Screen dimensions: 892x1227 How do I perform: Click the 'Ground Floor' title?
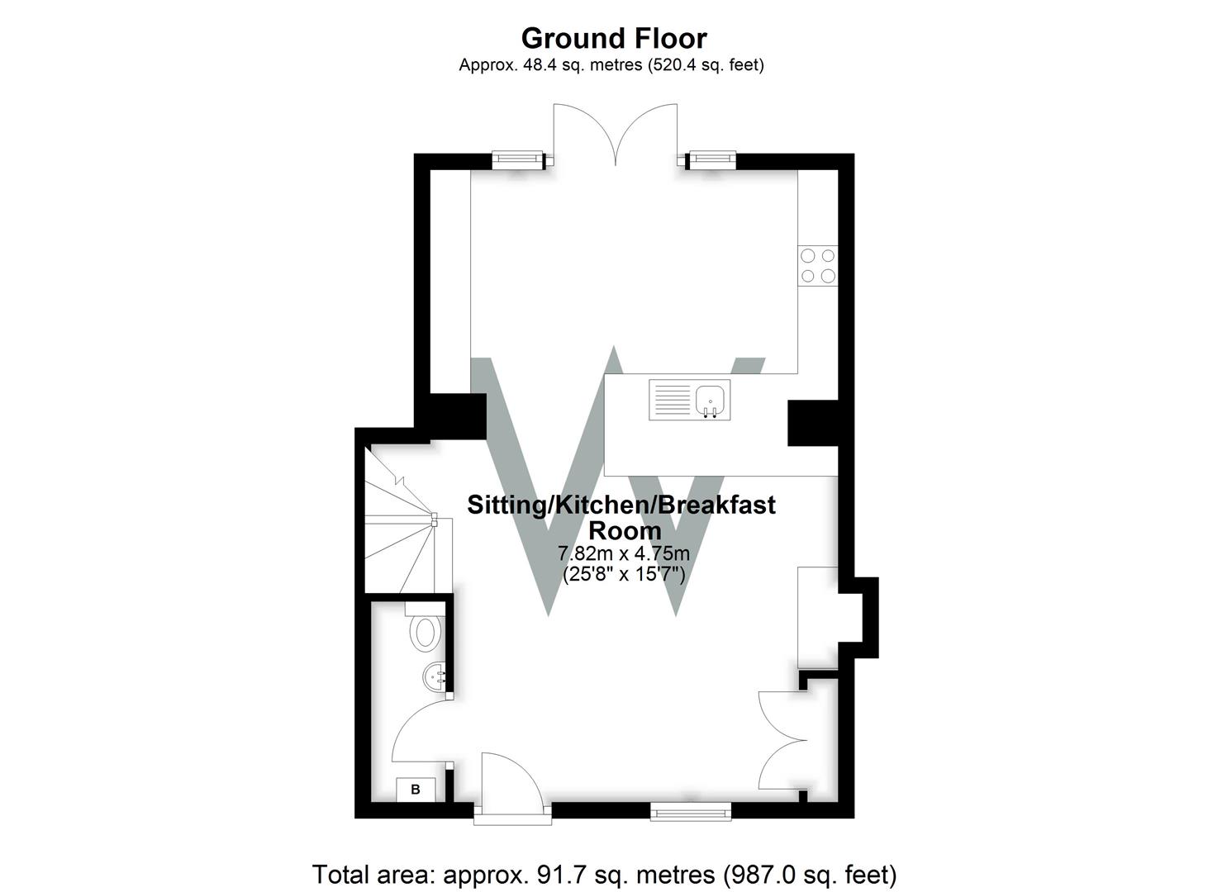pyautogui.click(x=613, y=39)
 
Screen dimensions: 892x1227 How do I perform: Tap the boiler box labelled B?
pyautogui.click(x=416, y=790)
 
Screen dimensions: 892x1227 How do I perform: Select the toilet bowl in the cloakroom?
pyautogui.click(x=426, y=633)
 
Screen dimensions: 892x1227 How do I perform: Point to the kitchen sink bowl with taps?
pyautogui.click(x=711, y=400)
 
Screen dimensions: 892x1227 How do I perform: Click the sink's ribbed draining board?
pyautogui.click(x=673, y=400)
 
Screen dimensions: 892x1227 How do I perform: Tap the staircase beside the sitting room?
pyautogui.click(x=400, y=529)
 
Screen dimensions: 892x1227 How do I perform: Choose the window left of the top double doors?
pyautogui.click(x=518, y=159)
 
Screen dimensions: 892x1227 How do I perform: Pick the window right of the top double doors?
pyautogui.click(x=712, y=159)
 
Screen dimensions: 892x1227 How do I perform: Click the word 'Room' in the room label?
pyautogui.click(x=624, y=530)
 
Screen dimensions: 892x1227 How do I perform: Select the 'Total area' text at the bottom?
pyautogui.click(x=604, y=874)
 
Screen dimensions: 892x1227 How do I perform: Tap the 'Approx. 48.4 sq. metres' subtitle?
pyautogui.click(x=611, y=65)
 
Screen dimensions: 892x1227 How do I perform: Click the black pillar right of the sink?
pyautogui.click(x=813, y=423)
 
